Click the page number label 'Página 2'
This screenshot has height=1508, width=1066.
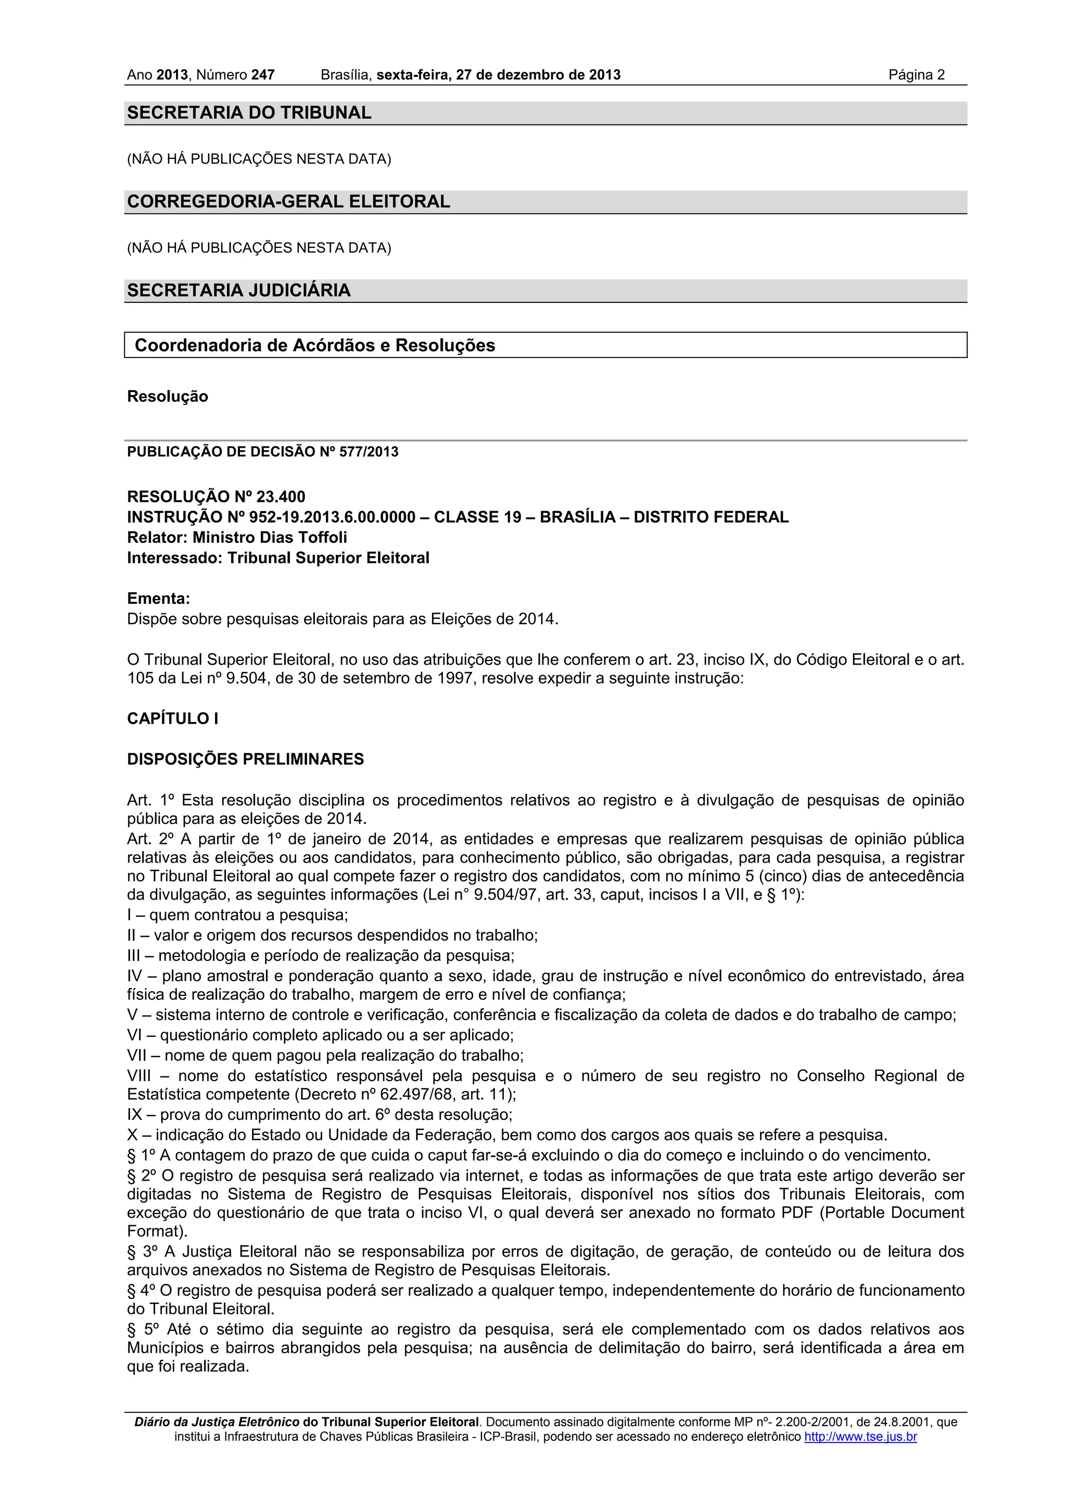[916, 75]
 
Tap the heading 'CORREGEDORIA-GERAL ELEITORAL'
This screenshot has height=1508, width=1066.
[288, 201]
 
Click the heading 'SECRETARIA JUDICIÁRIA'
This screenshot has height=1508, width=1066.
[238, 290]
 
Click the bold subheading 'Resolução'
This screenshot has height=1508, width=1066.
[168, 397]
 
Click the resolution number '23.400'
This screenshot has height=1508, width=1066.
[281, 497]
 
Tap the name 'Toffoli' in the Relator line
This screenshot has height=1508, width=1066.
[323, 537]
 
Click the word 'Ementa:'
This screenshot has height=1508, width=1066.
[158, 598]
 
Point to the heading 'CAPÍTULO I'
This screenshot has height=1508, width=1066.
[172, 718]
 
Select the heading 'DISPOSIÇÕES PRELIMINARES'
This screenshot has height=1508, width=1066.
[245, 759]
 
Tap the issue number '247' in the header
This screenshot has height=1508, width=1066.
[263, 75]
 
